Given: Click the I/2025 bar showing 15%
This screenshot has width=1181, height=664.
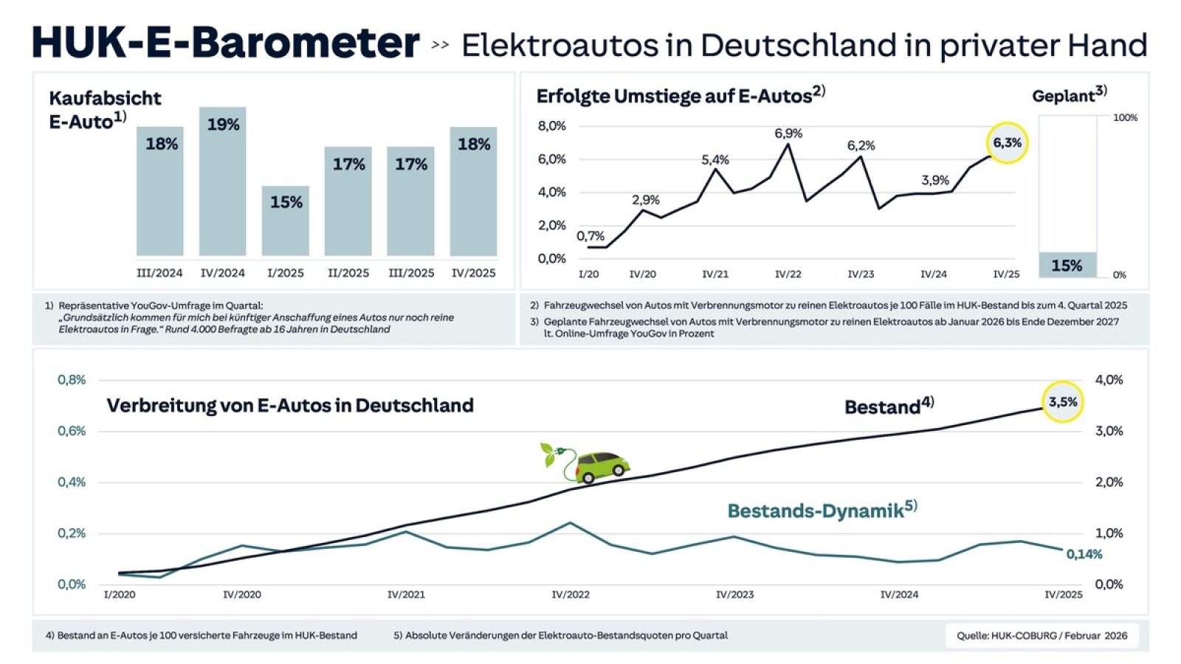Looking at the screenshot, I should pyautogui.click(x=285, y=221).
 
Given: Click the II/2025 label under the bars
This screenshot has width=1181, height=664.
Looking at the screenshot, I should pyautogui.click(x=348, y=273).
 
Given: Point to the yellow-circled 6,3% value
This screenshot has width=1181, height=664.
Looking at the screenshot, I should pyautogui.click(x=1007, y=143).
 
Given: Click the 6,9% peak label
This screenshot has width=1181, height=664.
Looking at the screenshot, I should pyautogui.click(x=788, y=134).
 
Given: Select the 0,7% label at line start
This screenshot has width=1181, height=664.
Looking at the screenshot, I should pyautogui.click(x=590, y=236).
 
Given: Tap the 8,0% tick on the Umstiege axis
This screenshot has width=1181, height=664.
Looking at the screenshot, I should pyautogui.click(x=551, y=126).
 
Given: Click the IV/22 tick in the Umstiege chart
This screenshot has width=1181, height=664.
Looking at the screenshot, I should pyautogui.click(x=788, y=274).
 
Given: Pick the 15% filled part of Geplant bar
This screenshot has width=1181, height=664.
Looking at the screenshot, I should pyautogui.click(x=1067, y=265).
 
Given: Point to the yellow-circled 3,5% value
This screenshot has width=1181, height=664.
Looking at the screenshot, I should pyautogui.click(x=1063, y=402).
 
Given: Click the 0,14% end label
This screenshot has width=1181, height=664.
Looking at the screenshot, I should pyautogui.click(x=1084, y=554).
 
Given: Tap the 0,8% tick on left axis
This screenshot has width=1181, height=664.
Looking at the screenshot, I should pyautogui.click(x=72, y=380).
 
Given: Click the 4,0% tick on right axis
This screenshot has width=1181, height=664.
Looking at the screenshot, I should pyautogui.click(x=1109, y=380).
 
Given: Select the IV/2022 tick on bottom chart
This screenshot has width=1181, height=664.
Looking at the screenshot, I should pyautogui.click(x=571, y=595).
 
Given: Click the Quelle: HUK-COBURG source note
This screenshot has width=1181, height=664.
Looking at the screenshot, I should pyautogui.click(x=1041, y=635).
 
